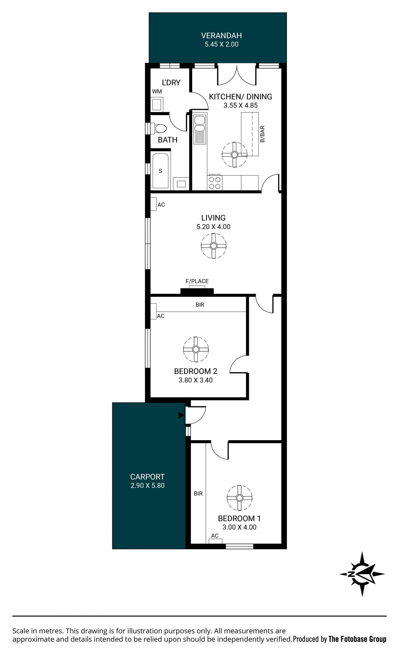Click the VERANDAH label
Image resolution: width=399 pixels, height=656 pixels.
click(x=221, y=35)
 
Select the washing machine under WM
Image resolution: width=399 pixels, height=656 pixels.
click(x=157, y=104)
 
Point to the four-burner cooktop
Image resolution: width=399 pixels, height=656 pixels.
click(x=214, y=183)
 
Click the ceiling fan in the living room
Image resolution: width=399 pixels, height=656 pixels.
click(x=213, y=246)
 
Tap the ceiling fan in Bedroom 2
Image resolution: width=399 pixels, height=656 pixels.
click(x=196, y=349)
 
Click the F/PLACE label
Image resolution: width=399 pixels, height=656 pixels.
click(x=197, y=281)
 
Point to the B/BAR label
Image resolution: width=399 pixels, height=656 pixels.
click(x=262, y=134)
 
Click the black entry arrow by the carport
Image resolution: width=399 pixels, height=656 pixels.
click(x=181, y=415)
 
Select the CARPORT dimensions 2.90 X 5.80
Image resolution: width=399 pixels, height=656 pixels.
click(x=147, y=485)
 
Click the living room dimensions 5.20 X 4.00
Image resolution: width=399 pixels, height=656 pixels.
click(x=213, y=227)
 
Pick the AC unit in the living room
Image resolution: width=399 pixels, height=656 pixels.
click(x=153, y=204)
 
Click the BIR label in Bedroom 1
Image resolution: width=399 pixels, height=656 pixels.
click(x=198, y=494)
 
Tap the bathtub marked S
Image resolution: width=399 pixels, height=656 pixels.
click(x=160, y=171)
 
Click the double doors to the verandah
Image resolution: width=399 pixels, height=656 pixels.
click(x=237, y=75)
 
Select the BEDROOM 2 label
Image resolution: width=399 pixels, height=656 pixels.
click(x=196, y=371)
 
